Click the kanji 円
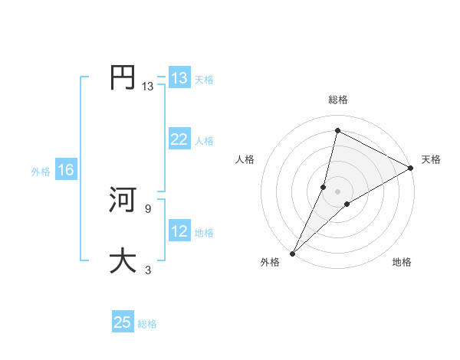pos(123,77)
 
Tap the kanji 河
pos(123,200)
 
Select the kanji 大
pos(123,260)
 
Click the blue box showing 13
pos(179,78)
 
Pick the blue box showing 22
pos(179,139)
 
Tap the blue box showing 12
pos(179,231)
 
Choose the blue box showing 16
pos(65,170)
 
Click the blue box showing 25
pos(123,322)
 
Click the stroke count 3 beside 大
pos(147,270)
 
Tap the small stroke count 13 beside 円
pos(147,87)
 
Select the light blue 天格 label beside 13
pos(204,80)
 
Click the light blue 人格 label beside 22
pos(204,141)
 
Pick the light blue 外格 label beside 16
pos(41,172)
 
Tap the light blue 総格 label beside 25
pos(147,324)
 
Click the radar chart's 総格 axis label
pos(338,100)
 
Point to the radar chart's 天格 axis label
pos(431,159)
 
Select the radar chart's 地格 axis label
pos(402,262)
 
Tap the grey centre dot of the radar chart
pos(338,191)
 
